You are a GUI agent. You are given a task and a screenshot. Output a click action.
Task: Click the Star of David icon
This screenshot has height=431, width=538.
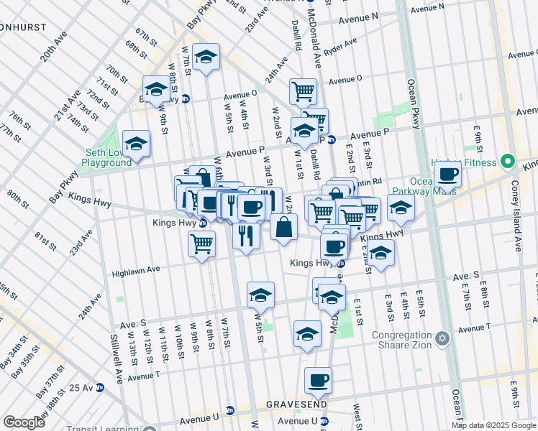click(x=443, y=337)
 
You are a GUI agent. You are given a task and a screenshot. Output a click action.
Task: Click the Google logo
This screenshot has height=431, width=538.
click(x=24, y=422)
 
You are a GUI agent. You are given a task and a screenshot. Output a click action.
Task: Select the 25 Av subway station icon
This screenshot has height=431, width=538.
click(x=100, y=387)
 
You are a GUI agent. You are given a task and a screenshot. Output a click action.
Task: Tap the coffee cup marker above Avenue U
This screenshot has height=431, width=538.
click(x=318, y=380)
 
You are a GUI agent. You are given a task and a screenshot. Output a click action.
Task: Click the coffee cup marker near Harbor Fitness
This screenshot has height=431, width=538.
click(x=447, y=175)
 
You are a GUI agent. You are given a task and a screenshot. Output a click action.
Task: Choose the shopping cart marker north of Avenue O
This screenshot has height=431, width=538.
click(x=304, y=91)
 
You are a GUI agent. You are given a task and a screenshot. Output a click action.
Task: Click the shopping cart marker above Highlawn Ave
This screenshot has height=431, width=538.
click(x=201, y=244)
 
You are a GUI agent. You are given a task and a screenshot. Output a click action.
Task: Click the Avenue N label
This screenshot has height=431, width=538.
click(x=358, y=17)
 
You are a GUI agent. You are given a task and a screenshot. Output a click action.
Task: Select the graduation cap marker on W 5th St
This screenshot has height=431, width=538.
click(x=260, y=295)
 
